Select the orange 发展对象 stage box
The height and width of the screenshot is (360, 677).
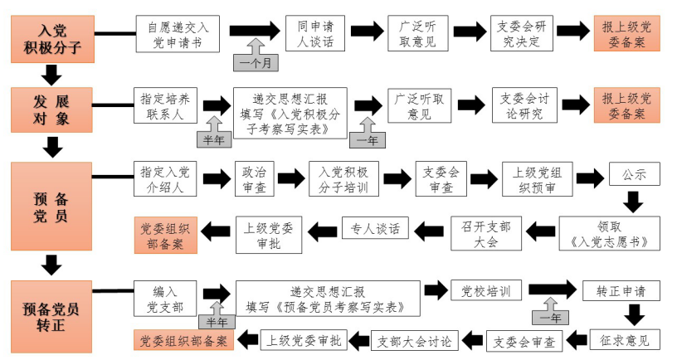pyautogui.click(x=51, y=109)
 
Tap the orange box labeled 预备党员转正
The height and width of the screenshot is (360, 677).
pyautogui.click(x=51, y=315)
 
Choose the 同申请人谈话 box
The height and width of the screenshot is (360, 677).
pyautogui.click(x=314, y=33)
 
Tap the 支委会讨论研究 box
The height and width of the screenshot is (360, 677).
pyautogui.click(x=524, y=105)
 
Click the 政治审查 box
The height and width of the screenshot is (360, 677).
pyautogui.click(x=254, y=178)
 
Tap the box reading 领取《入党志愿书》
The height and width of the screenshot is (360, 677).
pyautogui.click(x=610, y=233)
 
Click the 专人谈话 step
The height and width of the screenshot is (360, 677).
pyautogui.click(x=374, y=227)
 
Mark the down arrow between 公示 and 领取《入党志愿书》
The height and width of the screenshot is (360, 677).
pyautogui.click(x=634, y=201)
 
